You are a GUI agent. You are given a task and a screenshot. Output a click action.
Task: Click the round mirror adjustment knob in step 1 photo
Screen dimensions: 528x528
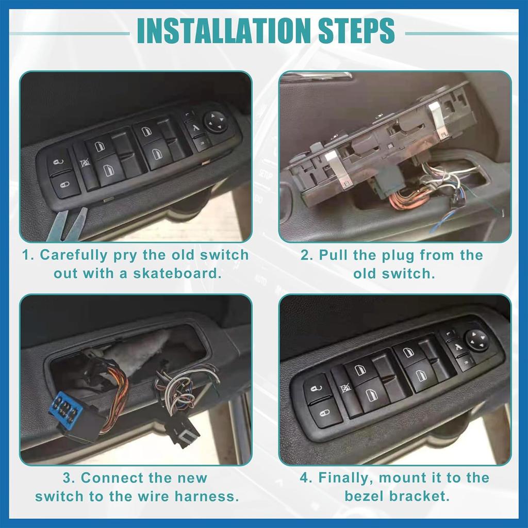[216, 122]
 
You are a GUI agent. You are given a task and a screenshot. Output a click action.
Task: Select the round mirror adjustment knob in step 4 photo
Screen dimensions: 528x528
[476, 340]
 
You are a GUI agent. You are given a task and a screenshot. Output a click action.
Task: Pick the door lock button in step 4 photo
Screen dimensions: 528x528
[325, 412]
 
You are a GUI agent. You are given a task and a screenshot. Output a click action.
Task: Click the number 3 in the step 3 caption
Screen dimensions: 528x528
[70, 478]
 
